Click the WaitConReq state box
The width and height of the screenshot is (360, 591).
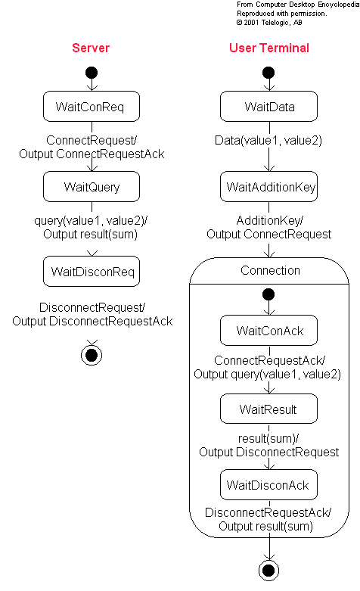click(92, 106)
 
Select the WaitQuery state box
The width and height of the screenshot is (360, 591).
click(92, 187)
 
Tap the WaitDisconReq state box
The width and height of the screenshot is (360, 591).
click(92, 272)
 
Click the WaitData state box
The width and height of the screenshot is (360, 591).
click(269, 106)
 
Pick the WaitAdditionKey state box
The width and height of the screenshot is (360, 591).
click(269, 187)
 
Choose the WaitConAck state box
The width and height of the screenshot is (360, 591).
click(269, 330)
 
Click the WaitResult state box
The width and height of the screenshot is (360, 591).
click(269, 409)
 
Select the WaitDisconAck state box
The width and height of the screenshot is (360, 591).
click(269, 484)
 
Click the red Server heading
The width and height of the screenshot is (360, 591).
click(91, 48)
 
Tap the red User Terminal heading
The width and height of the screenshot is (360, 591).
click(269, 48)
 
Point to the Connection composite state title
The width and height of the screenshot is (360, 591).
click(270, 270)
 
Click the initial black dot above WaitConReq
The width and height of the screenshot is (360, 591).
click(92, 73)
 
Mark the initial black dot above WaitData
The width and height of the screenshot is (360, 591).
click(268, 73)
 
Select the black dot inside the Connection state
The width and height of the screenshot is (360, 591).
click(268, 294)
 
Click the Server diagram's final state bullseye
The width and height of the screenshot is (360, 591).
click(92, 355)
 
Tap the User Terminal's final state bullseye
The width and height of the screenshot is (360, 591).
click(269, 571)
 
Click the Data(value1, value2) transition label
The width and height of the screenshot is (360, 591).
click(268, 140)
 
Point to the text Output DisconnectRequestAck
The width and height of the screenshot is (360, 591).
click(92, 321)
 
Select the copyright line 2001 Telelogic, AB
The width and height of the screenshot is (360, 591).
click(269, 23)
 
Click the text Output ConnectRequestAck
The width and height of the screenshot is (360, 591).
click(92, 154)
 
